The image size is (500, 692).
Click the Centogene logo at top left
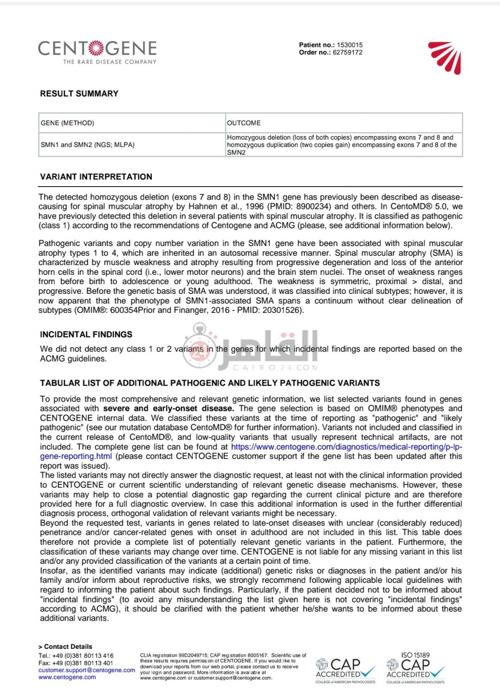tap(97, 51)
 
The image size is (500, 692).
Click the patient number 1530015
tap(350, 45)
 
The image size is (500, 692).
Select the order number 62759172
tap(347, 52)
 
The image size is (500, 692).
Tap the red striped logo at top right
tap(445, 57)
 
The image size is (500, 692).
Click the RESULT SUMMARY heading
tap(79, 94)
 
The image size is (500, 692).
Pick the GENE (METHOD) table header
tap(67, 123)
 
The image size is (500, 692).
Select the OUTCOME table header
tap(244, 123)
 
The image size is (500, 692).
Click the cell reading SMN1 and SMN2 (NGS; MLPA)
tap(88, 145)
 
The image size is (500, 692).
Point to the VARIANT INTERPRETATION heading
tap(96, 177)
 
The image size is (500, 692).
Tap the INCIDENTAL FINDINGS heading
tap(86, 335)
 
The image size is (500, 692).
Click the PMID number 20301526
tap(283, 310)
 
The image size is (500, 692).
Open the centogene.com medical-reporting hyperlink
tap(346, 447)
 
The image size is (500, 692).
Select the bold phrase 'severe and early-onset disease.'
tap(169, 408)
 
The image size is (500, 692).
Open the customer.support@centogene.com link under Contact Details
tap(86, 670)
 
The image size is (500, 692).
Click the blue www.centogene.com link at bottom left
tap(67, 677)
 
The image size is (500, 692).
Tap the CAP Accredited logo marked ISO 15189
tap(416, 668)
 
